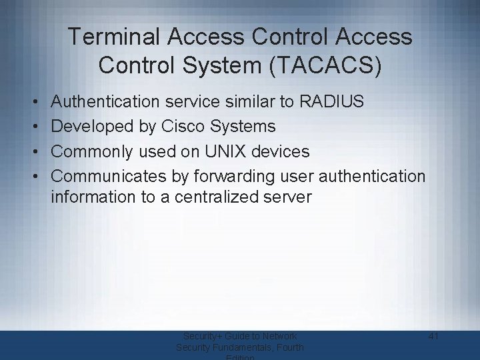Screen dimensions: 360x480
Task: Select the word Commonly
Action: [x=92, y=152]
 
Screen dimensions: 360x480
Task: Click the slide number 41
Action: [x=433, y=337]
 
